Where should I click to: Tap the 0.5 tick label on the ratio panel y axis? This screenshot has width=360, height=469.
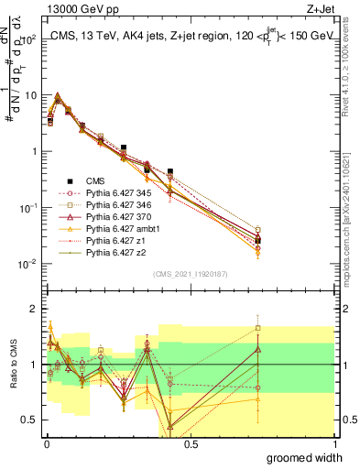pos(30,421)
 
